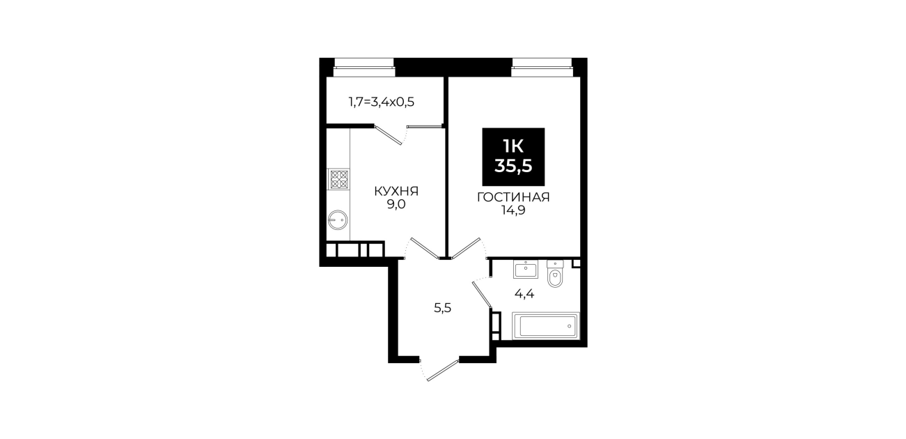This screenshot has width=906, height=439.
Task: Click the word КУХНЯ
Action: tap(396, 191)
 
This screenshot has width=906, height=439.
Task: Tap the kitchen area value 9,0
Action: tap(396, 204)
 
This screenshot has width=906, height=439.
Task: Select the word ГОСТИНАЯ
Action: tap(513, 197)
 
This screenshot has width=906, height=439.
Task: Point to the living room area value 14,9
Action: tap(513, 211)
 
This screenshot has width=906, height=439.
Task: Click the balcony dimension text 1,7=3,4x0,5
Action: tap(382, 102)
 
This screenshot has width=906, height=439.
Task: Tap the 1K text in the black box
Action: tap(513, 145)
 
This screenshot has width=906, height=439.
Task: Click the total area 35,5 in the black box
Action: tap(513, 166)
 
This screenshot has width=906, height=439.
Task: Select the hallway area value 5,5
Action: tap(442, 308)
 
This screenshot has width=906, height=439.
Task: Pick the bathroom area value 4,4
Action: tap(524, 294)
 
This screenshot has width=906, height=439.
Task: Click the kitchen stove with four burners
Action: tap(340, 179)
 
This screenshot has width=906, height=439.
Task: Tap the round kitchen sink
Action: tap(338, 220)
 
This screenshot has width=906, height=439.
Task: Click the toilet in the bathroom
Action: tap(555, 274)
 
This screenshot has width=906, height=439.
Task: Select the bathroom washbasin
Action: tap(526, 270)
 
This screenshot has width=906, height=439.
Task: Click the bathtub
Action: tap(546, 326)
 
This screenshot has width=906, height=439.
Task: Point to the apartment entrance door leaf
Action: tap(443, 370)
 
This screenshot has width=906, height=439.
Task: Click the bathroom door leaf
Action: tap(482, 295)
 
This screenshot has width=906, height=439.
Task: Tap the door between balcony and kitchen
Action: tap(389, 135)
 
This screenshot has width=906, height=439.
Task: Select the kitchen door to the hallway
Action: tap(425, 248)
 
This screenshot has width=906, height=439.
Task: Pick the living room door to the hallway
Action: tap(466, 248)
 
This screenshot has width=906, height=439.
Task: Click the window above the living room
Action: tap(542, 67)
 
